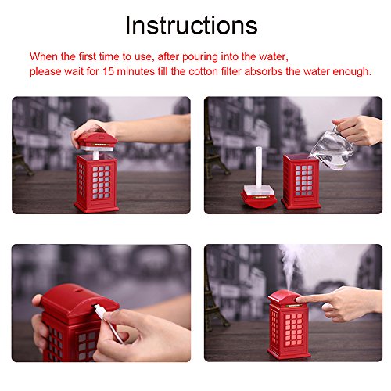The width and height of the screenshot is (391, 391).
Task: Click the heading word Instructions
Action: click(192, 25)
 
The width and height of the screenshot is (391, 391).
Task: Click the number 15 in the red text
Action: click(108, 71)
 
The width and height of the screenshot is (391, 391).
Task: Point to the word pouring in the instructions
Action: click(199, 57)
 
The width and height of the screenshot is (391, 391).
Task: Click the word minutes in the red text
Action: click(136, 71)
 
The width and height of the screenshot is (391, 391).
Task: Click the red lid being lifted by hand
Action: click(98, 139)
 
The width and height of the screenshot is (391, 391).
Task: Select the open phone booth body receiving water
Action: click(301, 181)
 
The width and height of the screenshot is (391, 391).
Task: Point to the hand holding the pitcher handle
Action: click(358, 130)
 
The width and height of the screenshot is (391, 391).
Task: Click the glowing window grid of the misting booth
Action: click(293, 330)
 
